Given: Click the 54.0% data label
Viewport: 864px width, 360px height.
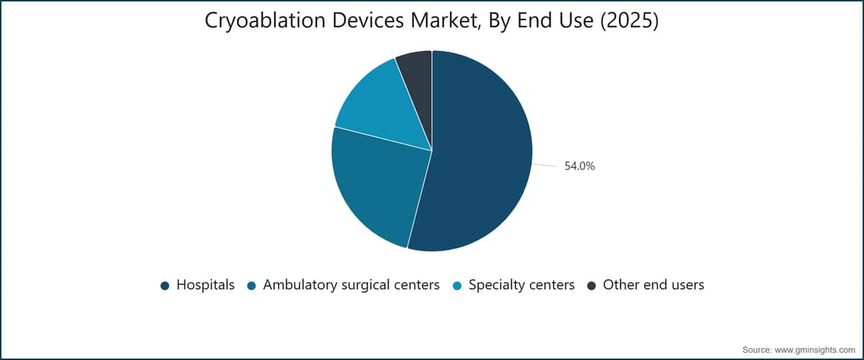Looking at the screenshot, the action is (580, 166).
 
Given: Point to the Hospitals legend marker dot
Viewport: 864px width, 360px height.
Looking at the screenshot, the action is (165, 286).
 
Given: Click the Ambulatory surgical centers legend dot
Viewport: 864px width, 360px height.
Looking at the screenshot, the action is (251, 286).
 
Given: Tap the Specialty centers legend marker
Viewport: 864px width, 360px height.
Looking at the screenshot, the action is (457, 286).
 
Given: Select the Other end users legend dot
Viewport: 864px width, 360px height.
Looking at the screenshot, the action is (591, 286).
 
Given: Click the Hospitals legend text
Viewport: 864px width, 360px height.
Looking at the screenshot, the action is (206, 284).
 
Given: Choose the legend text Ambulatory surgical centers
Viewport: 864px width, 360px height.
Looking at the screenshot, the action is (351, 285).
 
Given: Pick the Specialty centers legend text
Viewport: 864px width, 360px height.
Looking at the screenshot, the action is (521, 285).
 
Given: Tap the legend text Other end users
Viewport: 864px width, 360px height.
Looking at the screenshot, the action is (654, 284).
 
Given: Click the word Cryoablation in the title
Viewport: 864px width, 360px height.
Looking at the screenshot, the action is (265, 21).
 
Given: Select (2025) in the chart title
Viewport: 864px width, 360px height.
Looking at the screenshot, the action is (629, 21).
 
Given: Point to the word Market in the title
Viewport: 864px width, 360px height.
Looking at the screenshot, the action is (447, 21).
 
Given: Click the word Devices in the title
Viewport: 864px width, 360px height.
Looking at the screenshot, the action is (368, 20).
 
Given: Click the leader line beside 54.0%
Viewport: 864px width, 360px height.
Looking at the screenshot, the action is (545, 165).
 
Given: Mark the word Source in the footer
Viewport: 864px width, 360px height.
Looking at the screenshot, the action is (756, 350).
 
